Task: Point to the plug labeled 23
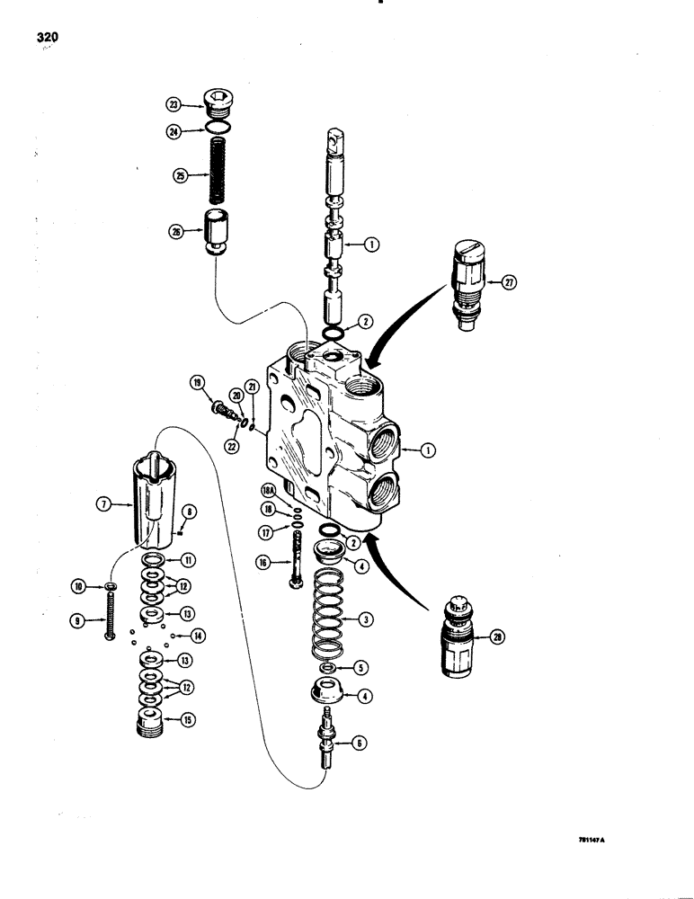(x=218, y=105)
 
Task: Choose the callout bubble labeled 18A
(x=268, y=490)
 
